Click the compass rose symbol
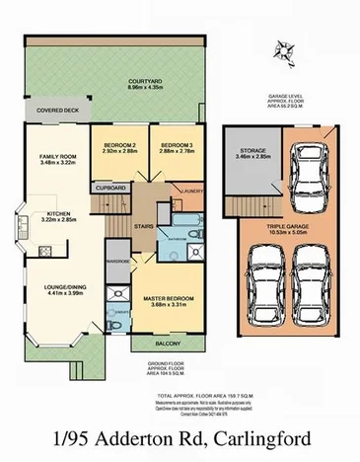(x=288, y=45)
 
